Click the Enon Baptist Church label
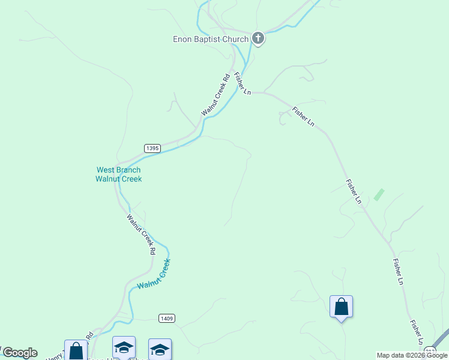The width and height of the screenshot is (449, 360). click(211, 40)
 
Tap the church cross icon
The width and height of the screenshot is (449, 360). click(258, 39)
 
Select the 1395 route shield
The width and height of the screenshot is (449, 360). click(152, 148)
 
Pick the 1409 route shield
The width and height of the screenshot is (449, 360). click(167, 318)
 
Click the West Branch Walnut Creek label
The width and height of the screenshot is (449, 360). click(119, 175)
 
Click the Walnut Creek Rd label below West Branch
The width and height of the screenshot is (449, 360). click(141, 235)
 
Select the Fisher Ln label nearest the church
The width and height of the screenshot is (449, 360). click(242, 83)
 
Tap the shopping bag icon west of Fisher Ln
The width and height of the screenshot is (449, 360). click(341, 307)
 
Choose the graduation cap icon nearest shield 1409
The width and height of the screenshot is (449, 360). click(160, 349)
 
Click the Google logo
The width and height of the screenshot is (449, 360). click(19, 353)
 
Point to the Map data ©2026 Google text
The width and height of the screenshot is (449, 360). click(412, 355)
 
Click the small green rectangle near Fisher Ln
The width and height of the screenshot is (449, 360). click(379, 194)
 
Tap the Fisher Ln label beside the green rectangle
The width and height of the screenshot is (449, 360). click(354, 191)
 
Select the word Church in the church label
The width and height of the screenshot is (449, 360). click(235, 40)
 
